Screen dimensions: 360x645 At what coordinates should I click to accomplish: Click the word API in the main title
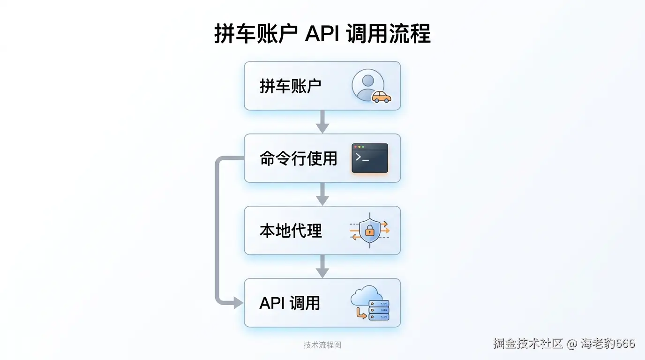point(322,34)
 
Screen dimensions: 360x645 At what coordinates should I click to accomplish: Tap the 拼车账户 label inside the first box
point(290,86)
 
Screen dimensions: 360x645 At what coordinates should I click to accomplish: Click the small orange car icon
point(382,97)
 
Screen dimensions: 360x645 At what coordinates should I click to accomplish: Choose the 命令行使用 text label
point(299,158)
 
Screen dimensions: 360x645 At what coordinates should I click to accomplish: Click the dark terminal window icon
point(370,158)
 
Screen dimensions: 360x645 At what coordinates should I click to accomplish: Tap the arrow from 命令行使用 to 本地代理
point(322,194)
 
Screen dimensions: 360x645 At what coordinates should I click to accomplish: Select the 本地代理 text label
point(291,231)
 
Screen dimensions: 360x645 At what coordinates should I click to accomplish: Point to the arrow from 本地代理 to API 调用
point(322,267)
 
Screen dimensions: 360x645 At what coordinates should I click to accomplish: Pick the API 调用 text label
point(290,303)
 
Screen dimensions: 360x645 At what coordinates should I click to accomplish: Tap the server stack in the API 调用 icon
point(379,310)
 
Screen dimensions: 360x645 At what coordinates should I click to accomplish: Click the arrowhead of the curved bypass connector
point(238,303)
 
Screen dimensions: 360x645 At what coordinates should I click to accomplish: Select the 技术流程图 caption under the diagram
point(322,345)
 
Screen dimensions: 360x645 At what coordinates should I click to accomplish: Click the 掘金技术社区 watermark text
point(527,344)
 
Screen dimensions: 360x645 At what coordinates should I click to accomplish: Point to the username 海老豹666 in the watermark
point(608,344)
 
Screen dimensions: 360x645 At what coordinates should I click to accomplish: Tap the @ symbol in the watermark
point(571,344)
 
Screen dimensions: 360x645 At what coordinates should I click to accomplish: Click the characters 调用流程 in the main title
point(389,34)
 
